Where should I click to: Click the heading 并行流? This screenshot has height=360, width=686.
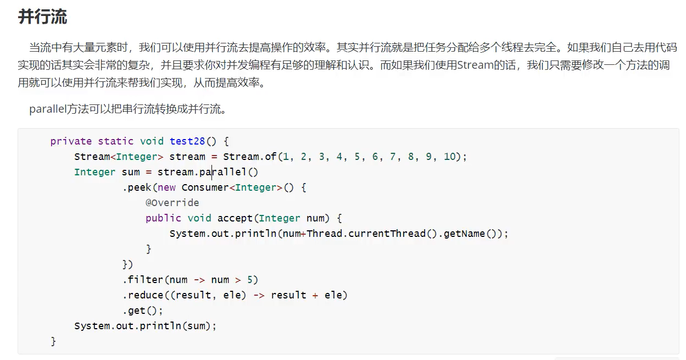click(42, 16)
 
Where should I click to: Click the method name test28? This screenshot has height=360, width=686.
click(187, 141)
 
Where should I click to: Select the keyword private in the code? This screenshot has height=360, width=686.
click(71, 141)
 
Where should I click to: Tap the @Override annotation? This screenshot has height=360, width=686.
click(172, 203)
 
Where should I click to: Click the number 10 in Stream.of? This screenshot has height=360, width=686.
click(449, 157)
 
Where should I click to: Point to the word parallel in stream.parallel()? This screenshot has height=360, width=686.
click(223, 172)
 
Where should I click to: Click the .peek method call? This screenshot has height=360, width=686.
click(138, 187)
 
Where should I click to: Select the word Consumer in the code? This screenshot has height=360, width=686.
click(205, 187)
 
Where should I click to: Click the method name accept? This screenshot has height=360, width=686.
click(235, 218)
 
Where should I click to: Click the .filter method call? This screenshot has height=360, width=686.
click(143, 280)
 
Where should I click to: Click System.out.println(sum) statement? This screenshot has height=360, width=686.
click(146, 326)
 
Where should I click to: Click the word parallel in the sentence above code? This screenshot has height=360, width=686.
click(48, 109)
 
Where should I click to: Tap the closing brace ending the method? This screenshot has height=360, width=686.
click(53, 341)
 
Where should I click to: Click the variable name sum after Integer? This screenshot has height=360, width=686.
click(131, 172)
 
